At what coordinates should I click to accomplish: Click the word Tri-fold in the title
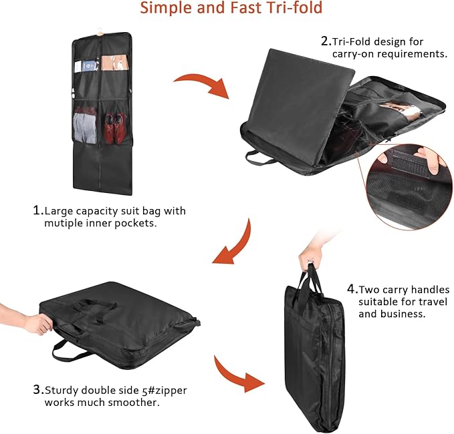[294, 7]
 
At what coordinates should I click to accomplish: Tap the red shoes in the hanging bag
[115, 128]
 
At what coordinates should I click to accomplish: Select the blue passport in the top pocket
[88, 66]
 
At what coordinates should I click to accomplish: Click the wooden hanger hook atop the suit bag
[100, 31]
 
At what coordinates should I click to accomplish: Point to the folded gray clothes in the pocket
[85, 128]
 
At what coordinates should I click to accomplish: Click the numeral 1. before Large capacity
[38, 210]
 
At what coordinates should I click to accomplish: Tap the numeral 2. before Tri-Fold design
[326, 41]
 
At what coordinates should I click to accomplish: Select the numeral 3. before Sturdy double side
[38, 390]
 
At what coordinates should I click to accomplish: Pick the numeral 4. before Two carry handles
[352, 289]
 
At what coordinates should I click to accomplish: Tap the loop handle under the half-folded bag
[259, 158]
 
